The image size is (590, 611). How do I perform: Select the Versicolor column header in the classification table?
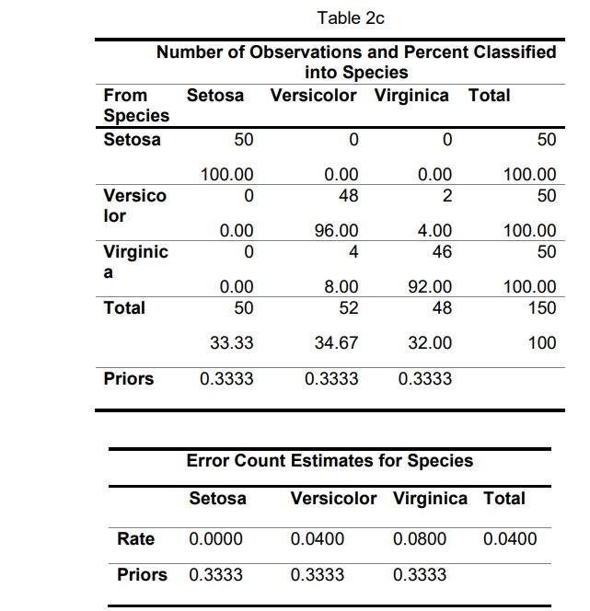313,96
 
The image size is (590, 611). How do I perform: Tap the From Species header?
136,105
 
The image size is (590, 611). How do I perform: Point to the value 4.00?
434,231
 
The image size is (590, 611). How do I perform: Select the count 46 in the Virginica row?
442,251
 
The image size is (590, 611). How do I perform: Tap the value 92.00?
430,287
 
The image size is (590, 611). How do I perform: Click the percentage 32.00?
430,343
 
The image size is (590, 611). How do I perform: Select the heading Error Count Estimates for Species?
330,461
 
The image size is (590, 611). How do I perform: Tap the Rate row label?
135,538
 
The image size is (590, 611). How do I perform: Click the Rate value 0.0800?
419,539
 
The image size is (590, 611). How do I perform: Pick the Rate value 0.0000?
216,539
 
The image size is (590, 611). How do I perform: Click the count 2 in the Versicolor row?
446,195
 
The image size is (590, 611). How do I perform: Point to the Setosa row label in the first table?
132,140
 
